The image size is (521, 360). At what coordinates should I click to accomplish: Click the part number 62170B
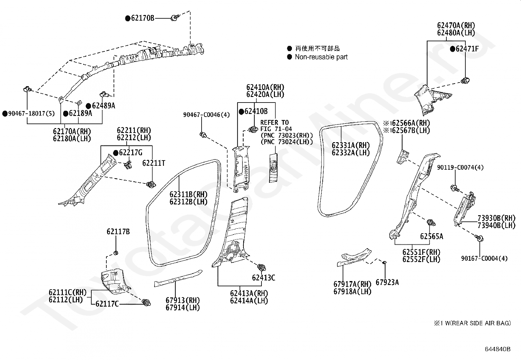point(143,18)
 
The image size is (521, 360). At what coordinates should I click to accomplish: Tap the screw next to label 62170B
point(175,17)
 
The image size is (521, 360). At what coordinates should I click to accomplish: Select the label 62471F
point(467,49)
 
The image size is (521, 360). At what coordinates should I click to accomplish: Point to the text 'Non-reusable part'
point(321,57)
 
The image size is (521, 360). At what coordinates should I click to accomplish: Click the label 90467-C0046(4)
point(206,115)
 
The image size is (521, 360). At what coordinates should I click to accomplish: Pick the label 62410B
point(256,111)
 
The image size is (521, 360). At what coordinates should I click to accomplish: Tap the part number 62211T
point(154,163)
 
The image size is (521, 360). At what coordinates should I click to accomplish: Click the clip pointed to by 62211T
point(151,185)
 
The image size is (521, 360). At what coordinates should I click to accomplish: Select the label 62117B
point(118,232)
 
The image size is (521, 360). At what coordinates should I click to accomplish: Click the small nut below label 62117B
point(116,253)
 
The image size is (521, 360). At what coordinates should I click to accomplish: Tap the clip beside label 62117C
point(147,303)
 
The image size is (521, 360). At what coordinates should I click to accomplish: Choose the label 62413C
point(263,277)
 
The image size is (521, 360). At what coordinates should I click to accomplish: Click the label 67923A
point(387,282)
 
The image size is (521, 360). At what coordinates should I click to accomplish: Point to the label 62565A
point(432,237)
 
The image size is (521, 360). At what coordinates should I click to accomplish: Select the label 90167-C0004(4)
point(484,258)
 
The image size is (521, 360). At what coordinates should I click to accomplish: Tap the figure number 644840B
point(497,349)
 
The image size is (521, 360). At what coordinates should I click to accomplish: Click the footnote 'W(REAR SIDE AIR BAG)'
point(478,323)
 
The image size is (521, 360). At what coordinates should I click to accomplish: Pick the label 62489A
point(103,106)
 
